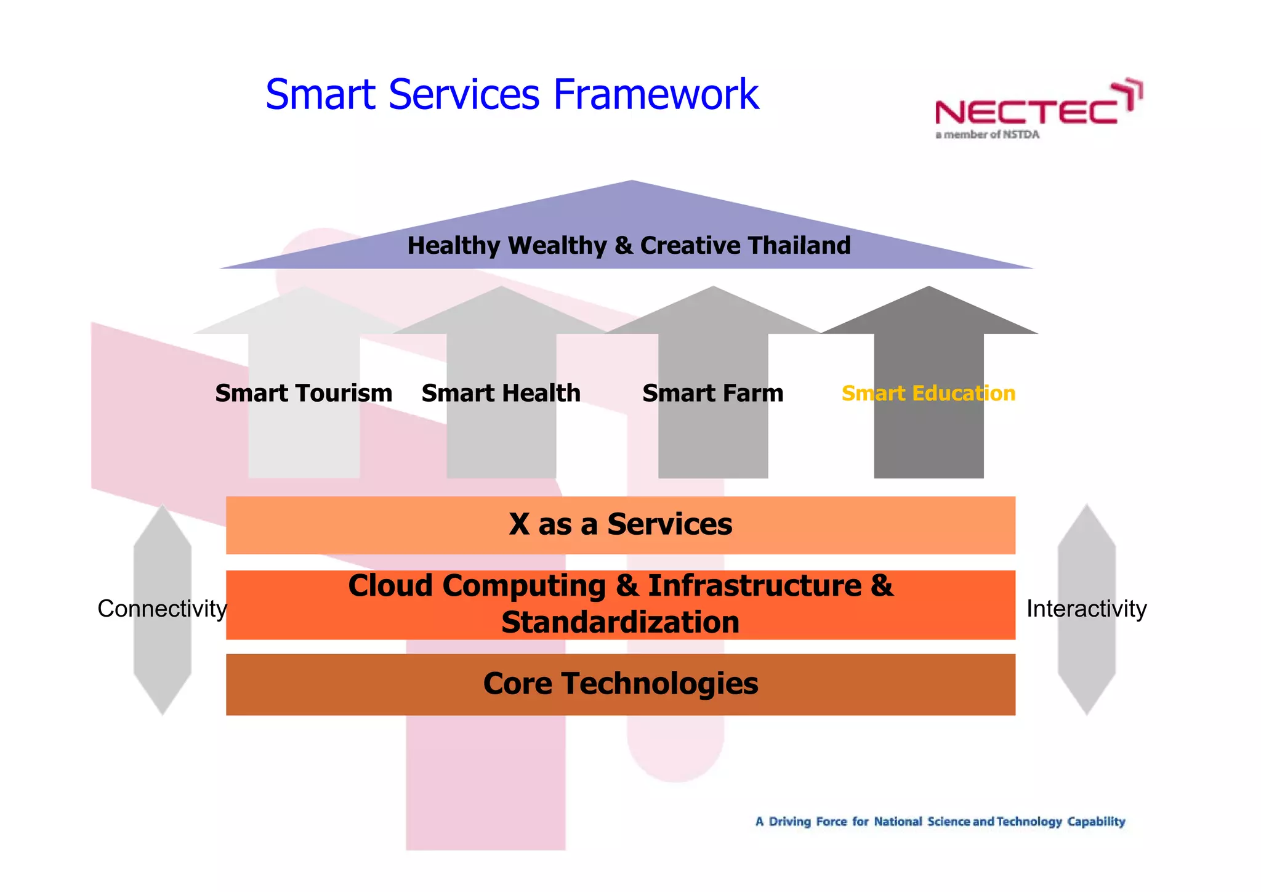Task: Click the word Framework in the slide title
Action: (x=656, y=95)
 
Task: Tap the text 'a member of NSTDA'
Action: (x=987, y=135)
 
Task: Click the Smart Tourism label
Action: (x=304, y=393)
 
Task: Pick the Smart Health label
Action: (x=501, y=393)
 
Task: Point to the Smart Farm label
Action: (x=712, y=393)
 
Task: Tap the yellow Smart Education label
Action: (x=928, y=393)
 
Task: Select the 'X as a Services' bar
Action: (x=620, y=525)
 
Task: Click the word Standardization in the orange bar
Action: (x=620, y=622)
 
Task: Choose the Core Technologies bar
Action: (x=620, y=684)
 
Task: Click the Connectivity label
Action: (x=162, y=609)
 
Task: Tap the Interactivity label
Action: (x=1086, y=609)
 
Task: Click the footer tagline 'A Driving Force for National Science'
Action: (x=940, y=821)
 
